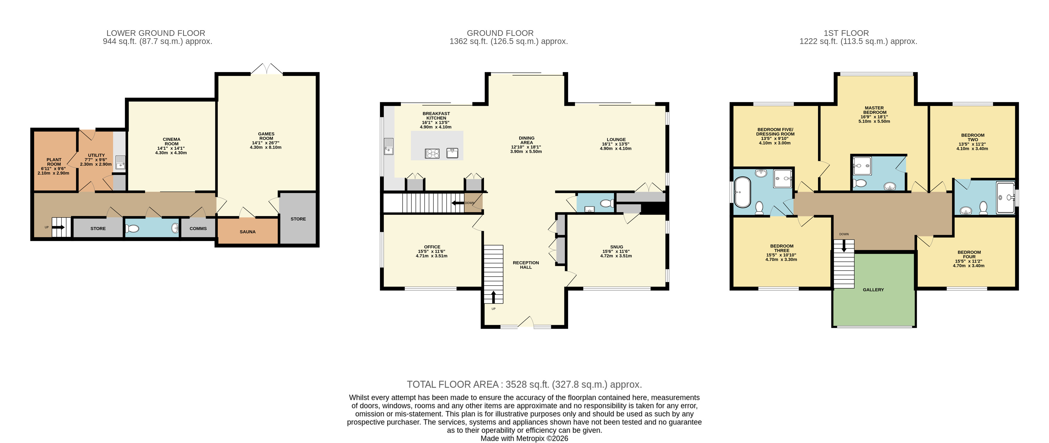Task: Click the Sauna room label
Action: tap(248, 232)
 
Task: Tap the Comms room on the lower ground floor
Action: tap(198, 229)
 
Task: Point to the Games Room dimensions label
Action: tap(266, 145)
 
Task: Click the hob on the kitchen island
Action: tap(432, 153)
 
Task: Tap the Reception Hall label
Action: tap(526, 265)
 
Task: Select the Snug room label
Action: tap(616, 247)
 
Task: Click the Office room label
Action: tap(432, 247)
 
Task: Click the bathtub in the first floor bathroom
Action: tap(742, 192)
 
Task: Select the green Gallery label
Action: tap(873, 290)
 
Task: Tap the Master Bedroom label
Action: tap(874, 110)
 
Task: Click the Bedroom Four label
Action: tap(969, 255)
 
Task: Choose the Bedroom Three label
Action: tap(782, 248)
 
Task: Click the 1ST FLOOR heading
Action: tap(846, 33)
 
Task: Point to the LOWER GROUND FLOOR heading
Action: tap(156, 33)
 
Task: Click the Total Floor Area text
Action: tap(524, 384)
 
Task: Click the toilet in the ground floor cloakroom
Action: tap(607, 203)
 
